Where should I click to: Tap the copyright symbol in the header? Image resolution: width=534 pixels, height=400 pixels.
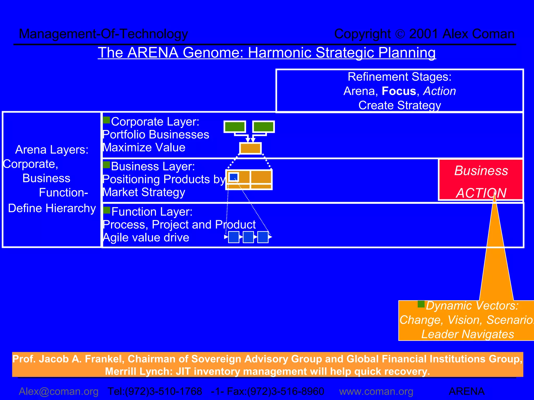[x=400, y=34]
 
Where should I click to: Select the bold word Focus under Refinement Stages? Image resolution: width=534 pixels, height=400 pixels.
[x=399, y=91]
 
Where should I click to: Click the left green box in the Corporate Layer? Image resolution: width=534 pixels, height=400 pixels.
[x=235, y=127]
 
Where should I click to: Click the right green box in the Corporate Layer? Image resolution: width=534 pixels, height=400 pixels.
[x=264, y=127]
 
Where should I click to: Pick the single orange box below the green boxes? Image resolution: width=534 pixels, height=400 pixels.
[x=250, y=148]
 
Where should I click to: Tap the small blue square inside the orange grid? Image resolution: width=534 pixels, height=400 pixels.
[x=234, y=177]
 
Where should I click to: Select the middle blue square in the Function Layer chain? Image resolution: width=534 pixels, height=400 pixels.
[x=248, y=237]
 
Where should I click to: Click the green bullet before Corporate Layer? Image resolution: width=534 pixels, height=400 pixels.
[x=106, y=120]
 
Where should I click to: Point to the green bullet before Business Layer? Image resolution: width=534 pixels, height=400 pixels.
[x=106, y=165]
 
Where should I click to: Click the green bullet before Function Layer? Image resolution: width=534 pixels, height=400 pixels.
[x=107, y=210]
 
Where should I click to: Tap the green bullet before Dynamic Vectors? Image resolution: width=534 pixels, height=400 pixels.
[x=421, y=304]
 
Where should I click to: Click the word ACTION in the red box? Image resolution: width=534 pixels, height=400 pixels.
[x=481, y=193]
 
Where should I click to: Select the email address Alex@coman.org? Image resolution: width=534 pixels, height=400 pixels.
[x=59, y=391]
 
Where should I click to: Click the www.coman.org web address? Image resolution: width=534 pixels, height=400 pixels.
[x=376, y=391]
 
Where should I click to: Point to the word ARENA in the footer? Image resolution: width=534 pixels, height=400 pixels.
[x=467, y=391]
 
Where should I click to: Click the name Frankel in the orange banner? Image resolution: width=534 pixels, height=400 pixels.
[x=103, y=359]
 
